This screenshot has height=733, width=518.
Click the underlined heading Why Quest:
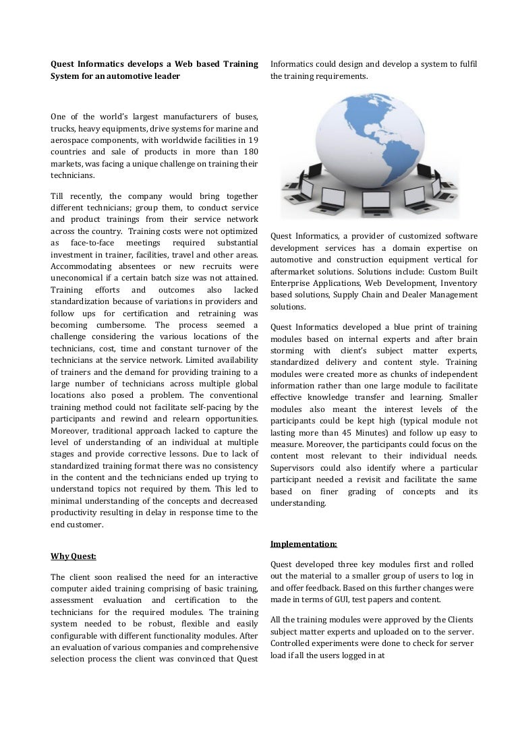[x=74, y=556]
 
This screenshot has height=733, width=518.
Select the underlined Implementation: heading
[x=304, y=544]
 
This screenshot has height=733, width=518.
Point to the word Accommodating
[x=84, y=266]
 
